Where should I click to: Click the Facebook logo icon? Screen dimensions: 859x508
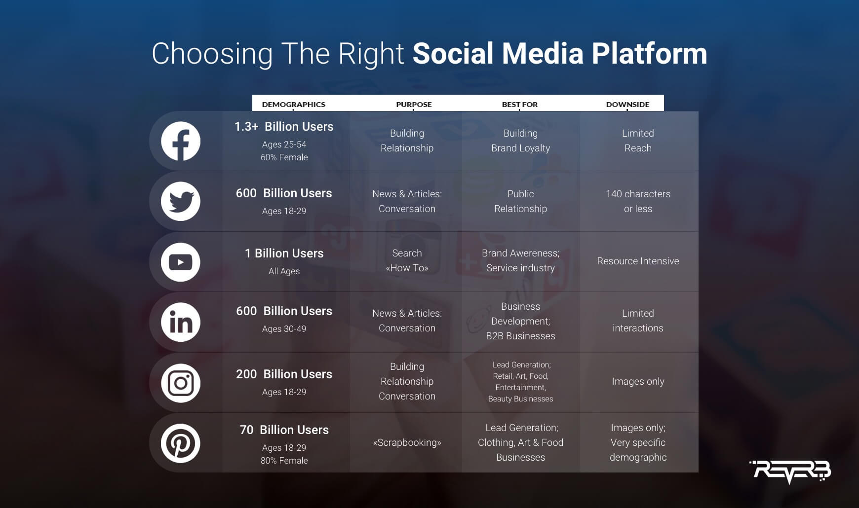click(181, 141)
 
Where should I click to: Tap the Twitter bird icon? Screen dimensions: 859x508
click(181, 201)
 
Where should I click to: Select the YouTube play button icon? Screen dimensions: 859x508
click(181, 262)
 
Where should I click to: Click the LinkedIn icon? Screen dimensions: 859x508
click(181, 322)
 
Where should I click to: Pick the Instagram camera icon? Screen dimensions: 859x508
click(181, 383)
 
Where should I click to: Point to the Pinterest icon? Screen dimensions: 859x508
click(181, 443)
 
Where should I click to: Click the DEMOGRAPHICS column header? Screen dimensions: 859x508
click(294, 105)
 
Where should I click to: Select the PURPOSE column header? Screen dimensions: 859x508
click(414, 105)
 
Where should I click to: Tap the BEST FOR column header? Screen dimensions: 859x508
click(520, 105)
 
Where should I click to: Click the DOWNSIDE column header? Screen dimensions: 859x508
click(627, 105)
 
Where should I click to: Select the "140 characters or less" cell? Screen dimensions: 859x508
click(638, 201)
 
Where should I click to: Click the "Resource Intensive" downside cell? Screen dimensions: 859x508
click(638, 261)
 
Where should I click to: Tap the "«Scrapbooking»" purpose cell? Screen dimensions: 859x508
click(407, 442)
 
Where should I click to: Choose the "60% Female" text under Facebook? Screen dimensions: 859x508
click(284, 157)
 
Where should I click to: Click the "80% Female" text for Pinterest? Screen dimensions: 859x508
click(284, 461)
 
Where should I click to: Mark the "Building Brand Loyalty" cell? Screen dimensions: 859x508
click(520, 141)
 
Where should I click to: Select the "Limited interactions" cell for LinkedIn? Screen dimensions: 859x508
click(638, 321)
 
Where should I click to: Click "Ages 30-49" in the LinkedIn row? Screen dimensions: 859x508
click(284, 329)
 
